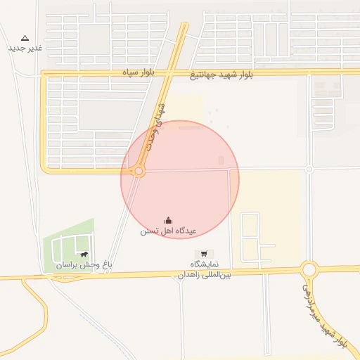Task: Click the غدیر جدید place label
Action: click(25, 48)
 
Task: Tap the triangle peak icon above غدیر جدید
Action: click(25, 37)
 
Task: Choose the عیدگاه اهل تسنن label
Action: click(169, 231)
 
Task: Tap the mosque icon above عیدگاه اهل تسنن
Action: click(168, 220)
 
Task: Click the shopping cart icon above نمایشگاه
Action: click(204, 253)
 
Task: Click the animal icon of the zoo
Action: click(84, 255)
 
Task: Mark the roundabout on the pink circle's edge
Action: click(139, 171)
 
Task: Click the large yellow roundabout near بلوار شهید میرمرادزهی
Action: click(309, 269)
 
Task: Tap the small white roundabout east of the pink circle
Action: click(309, 169)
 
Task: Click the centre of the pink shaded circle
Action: click(180, 179)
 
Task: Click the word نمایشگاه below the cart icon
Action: click(205, 264)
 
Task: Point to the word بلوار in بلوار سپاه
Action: click(153, 72)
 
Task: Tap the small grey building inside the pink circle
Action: click(221, 160)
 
